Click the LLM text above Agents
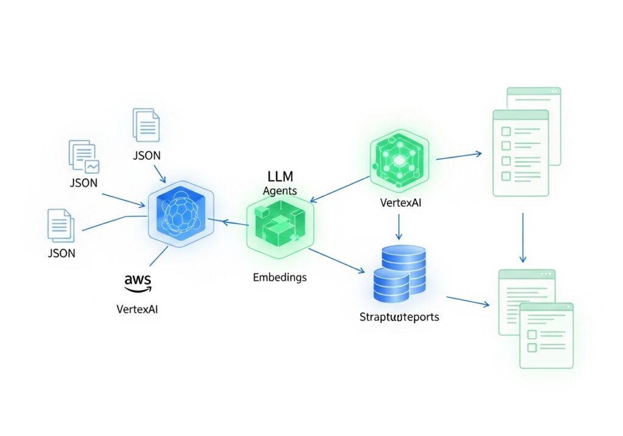[x=280, y=176]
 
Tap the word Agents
[x=280, y=190]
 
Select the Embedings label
[x=279, y=277]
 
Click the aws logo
[x=137, y=282]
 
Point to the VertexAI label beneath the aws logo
[x=137, y=309]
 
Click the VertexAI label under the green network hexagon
[x=399, y=203]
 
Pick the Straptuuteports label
[x=399, y=317]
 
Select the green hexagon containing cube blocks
[x=280, y=226]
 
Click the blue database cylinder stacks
[x=399, y=273]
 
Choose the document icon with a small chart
[x=84, y=156]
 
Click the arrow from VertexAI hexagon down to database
[x=399, y=227]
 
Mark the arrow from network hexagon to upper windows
[x=459, y=156]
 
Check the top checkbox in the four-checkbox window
[x=505, y=131]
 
